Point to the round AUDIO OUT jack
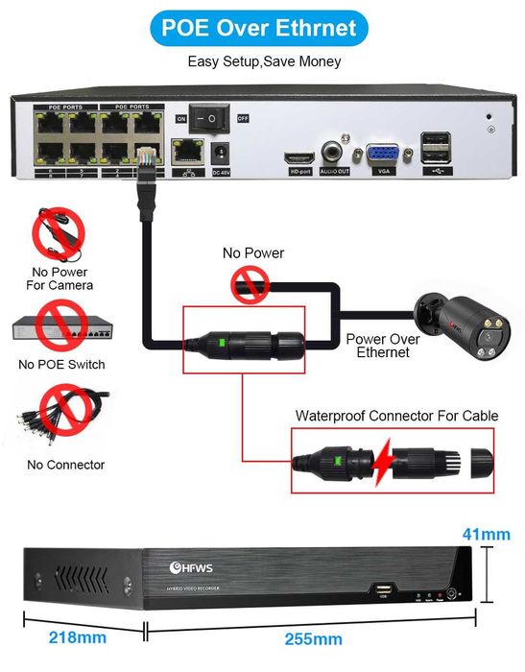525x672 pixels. pos(335,150)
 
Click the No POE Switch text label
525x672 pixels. pos(61,365)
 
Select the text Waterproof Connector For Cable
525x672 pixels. pos(396,416)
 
